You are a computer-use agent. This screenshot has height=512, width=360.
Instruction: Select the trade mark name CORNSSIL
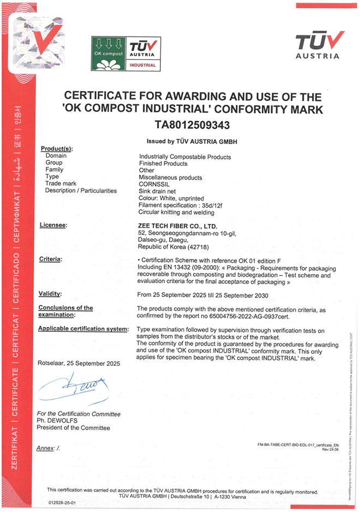tap(155, 184)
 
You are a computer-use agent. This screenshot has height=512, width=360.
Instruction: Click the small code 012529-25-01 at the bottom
tap(62, 502)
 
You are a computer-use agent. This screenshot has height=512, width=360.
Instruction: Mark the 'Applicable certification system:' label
tap(83, 330)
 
